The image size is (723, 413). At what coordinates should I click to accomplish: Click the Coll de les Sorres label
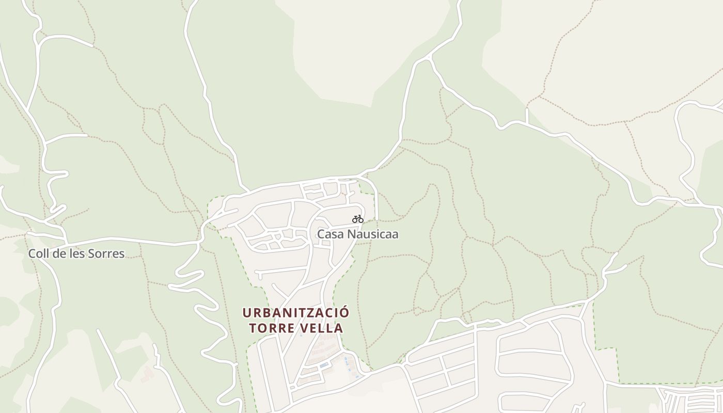pos(76,253)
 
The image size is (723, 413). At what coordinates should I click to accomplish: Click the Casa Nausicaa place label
pos(357,234)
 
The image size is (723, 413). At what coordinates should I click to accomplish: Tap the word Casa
pos(330,234)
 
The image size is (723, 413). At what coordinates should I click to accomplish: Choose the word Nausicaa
pos(372,234)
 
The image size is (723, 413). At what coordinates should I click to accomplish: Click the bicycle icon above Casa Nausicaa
pos(357,219)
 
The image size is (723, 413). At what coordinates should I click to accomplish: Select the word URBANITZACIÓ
pos(296,313)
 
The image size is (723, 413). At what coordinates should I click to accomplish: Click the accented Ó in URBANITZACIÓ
pos(344,312)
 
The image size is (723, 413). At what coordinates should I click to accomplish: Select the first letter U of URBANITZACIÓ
pos(247,313)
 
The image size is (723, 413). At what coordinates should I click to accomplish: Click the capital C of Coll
pos(32,253)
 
